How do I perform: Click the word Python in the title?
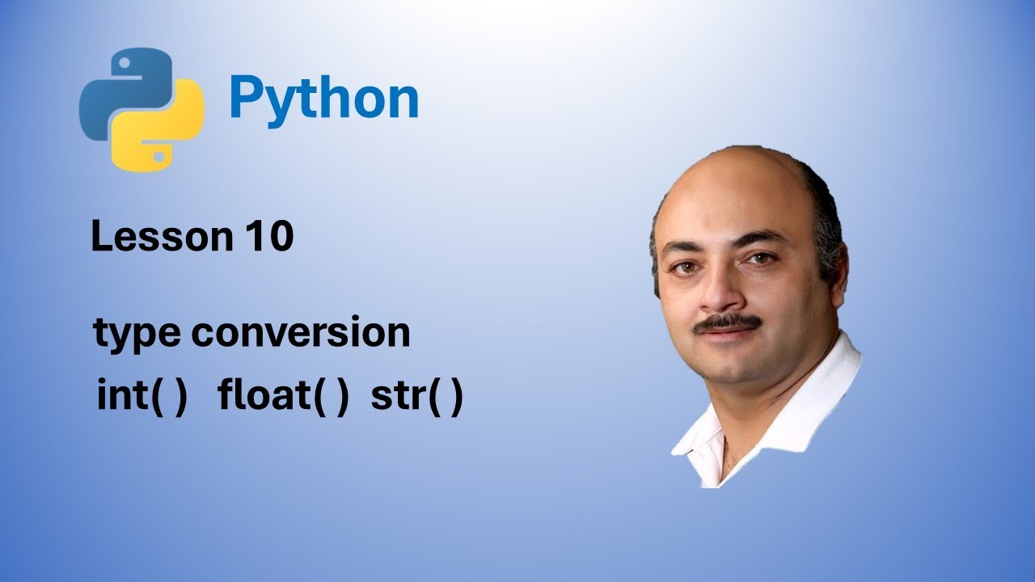pyautogui.click(x=323, y=99)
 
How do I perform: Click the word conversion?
pyautogui.click(x=300, y=333)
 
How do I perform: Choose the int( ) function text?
pyautogui.click(x=142, y=397)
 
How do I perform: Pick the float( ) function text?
pyautogui.click(x=283, y=397)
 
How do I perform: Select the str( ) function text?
pyautogui.click(x=416, y=397)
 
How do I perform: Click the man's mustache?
pyautogui.click(x=728, y=323)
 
